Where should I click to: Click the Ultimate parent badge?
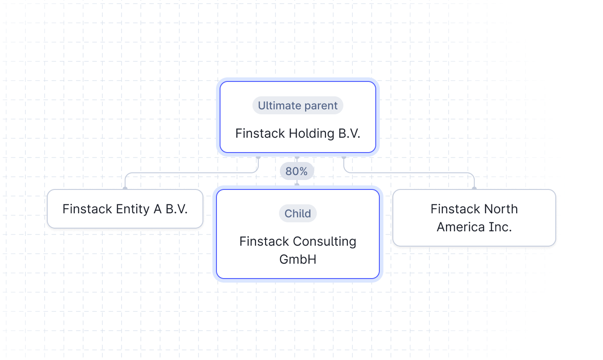pos(298,106)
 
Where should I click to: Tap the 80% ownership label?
pos(297,171)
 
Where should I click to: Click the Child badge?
pos(298,213)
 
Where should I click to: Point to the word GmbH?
pos(298,259)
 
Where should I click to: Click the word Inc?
pos(501,227)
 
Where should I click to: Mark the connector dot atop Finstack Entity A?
pos(125,188)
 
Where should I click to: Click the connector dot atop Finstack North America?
pos(474,188)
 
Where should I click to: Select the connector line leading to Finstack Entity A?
pos(189,173)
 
